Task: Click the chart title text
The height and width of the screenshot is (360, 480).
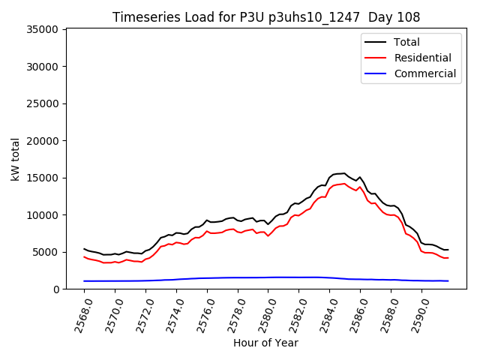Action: click(266, 17)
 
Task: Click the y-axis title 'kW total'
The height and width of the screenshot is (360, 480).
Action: click(16, 158)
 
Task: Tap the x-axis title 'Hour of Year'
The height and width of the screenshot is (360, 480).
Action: click(265, 343)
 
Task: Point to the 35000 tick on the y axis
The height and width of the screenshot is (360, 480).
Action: click(42, 30)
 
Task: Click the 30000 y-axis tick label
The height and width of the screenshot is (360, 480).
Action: click(42, 67)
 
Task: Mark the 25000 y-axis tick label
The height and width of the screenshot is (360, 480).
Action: click(42, 104)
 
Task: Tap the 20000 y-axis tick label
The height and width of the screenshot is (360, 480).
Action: click(42, 141)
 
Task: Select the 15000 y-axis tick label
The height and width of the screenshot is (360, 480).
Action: click(42, 178)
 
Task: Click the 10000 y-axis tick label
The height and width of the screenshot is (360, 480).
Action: click(42, 215)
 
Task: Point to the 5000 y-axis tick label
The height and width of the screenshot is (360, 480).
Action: click(45, 252)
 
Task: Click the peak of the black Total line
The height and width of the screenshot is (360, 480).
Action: click(343, 173)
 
